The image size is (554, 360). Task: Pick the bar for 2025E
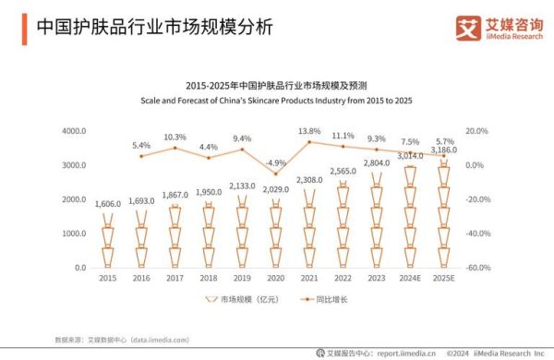pyautogui.click(x=444, y=218)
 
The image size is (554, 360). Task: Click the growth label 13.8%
pyautogui.click(x=309, y=132)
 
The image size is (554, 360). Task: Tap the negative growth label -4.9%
pyautogui.click(x=275, y=162)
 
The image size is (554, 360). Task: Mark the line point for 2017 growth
pyautogui.click(x=175, y=148)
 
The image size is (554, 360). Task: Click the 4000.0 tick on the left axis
pyautogui.click(x=74, y=131)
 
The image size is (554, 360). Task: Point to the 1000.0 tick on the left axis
pyautogui.click(x=74, y=234)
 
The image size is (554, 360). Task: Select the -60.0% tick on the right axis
pyautogui.click(x=476, y=268)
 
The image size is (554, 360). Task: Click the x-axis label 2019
pyautogui.click(x=242, y=278)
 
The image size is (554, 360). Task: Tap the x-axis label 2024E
pyautogui.click(x=410, y=278)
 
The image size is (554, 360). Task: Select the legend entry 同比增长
pyautogui.click(x=328, y=300)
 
